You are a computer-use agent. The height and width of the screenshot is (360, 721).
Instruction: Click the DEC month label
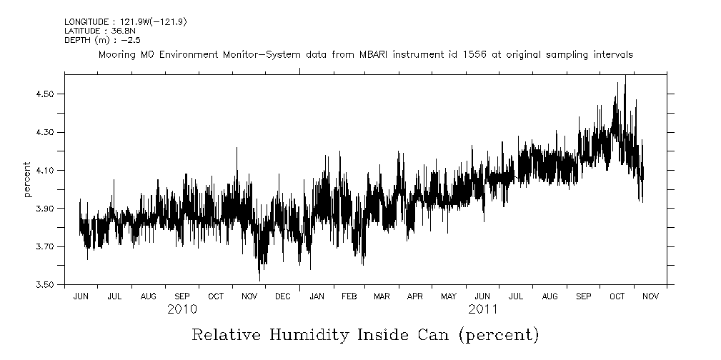click(282, 296)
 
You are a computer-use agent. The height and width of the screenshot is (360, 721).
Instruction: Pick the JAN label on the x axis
click(316, 296)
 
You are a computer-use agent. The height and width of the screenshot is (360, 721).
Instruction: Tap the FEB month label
click(349, 296)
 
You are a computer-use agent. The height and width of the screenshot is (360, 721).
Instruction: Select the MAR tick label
click(382, 296)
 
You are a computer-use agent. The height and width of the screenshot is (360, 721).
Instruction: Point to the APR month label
click(415, 296)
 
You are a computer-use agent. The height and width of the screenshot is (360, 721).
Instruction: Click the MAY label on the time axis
click(449, 296)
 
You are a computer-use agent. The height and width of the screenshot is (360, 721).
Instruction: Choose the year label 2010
click(183, 310)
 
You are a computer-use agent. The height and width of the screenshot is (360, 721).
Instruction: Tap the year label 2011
click(484, 310)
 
